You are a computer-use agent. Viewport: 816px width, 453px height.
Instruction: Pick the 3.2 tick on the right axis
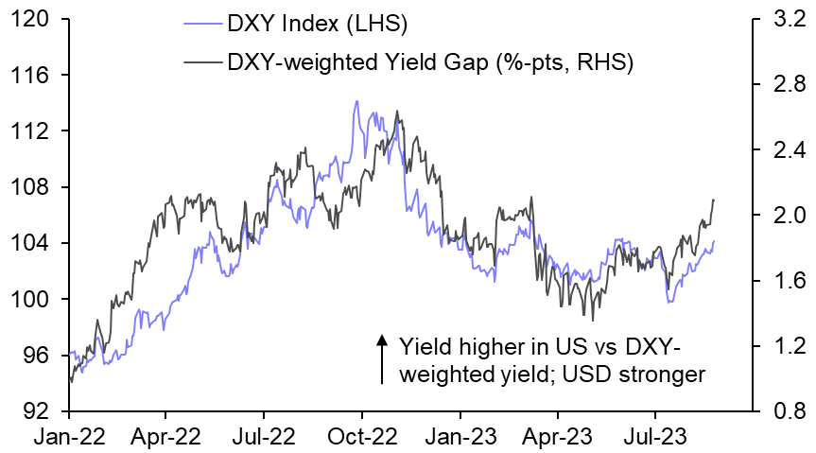coord(784,19)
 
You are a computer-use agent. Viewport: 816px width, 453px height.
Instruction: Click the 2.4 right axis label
coord(784,150)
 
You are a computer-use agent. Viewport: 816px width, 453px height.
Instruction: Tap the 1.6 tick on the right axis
coord(784,281)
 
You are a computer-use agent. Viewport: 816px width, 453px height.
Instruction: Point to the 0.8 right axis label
coord(784,412)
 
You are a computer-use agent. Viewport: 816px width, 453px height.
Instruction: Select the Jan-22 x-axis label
coord(69,439)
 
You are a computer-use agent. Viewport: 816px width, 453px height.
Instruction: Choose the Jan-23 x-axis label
coord(460,439)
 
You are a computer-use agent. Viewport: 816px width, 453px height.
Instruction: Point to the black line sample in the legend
coord(200,62)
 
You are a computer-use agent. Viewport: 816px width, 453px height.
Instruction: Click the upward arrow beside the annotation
coord(381,358)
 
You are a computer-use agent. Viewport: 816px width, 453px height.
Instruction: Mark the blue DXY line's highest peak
coord(356,101)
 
